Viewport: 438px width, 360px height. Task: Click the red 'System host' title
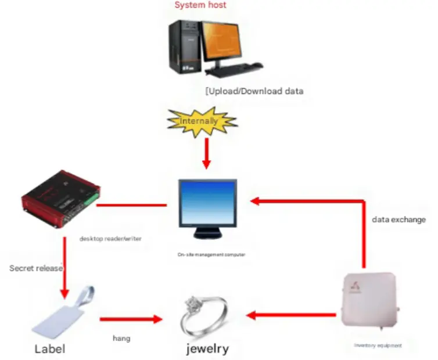200,5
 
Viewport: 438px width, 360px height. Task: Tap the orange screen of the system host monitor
220,44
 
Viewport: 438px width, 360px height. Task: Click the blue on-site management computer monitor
207,204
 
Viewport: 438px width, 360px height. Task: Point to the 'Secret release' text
36,268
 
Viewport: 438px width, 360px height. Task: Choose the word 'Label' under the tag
50,349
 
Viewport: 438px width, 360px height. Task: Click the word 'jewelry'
207,349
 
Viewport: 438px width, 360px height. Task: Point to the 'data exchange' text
398,220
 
